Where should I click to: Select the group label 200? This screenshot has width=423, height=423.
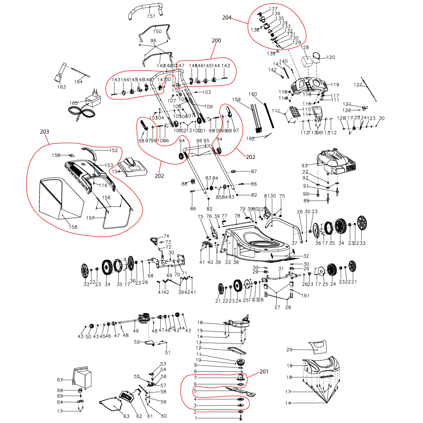tap(216, 41)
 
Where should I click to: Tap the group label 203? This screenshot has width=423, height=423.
tap(45, 132)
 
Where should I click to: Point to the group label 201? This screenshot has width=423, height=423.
tap(264, 372)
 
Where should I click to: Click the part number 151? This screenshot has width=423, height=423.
tap(151, 16)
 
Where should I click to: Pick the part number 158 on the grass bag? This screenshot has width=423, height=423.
tap(74, 227)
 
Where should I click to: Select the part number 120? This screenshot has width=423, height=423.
tap(331, 57)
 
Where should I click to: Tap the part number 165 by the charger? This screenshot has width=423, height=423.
tap(74, 103)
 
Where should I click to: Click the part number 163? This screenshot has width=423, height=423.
tap(62, 87)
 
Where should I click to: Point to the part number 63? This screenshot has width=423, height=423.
tap(126, 417)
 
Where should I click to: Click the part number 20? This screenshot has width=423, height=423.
tap(301, 349)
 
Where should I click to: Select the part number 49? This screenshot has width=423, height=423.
tap(136, 330)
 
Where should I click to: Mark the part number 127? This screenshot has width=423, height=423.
tap(358, 85)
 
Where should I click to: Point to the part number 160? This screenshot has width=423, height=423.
tap(253, 94)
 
